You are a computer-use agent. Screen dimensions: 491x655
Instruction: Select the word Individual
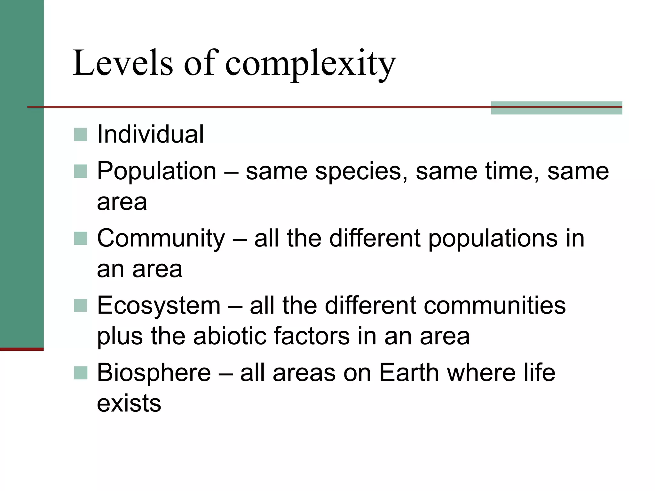coord(150,134)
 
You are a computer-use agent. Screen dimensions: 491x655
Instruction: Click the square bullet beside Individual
coord(81,135)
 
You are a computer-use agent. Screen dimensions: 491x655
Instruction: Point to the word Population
coord(157,171)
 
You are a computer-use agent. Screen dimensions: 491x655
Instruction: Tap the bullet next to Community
coord(81,238)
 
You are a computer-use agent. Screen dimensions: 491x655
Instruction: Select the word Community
coord(161,238)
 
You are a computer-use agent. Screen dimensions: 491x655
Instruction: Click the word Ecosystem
coord(159,306)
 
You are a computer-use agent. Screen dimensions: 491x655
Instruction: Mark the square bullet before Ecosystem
coord(81,306)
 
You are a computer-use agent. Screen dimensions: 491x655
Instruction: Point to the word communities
coord(494,306)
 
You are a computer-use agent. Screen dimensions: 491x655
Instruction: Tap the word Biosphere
coord(154,373)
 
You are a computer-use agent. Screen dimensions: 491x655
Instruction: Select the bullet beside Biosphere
coord(81,373)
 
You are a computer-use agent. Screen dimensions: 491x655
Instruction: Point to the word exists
coord(129,403)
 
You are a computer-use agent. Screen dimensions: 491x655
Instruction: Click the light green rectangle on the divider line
coord(556,108)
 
